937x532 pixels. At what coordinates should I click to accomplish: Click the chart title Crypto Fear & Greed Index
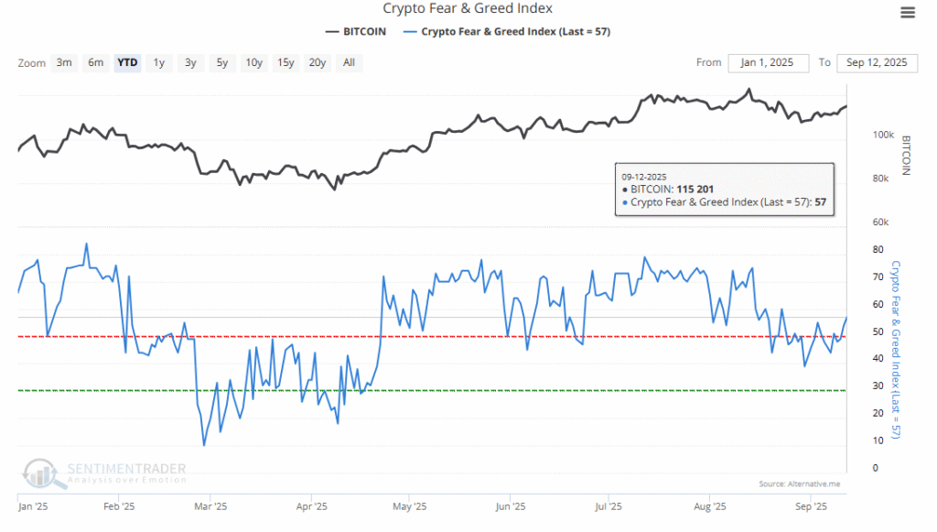coord(468,9)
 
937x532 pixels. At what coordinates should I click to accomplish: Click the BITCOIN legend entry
coord(356,31)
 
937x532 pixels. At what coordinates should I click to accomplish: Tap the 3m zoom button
coord(64,62)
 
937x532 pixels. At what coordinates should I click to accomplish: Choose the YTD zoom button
coord(127,62)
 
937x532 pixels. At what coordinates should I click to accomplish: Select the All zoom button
coord(349,62)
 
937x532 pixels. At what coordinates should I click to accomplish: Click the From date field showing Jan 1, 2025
coord(769,62)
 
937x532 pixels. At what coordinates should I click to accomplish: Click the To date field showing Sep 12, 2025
coord(877,62)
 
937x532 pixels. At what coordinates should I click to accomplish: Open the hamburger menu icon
coord(907,12)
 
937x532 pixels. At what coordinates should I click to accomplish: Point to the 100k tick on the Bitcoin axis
coord(882,135)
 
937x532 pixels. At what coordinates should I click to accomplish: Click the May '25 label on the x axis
coord(410,505)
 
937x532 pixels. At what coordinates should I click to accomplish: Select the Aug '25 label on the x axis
coord(710,505)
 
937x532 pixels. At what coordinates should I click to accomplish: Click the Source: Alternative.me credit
coord(798,483)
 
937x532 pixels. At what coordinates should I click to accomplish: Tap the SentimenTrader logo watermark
coord(105,471)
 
